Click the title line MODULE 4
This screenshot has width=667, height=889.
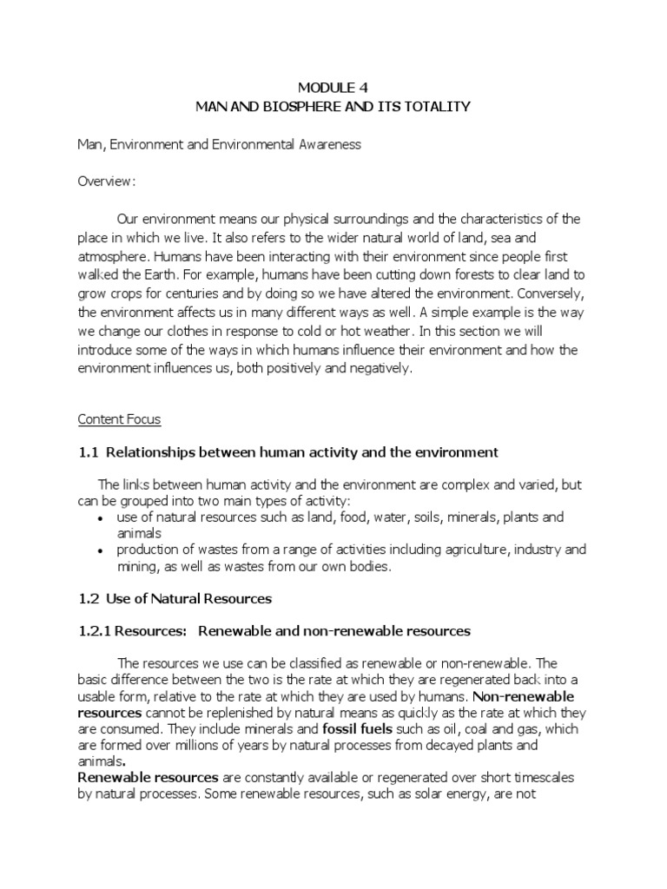[x=333, y=88]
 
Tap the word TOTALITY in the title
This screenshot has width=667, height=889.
[x=434, y=106]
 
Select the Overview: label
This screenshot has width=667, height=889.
[x=106, y=181]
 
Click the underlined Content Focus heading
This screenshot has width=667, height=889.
[x=120, y=419]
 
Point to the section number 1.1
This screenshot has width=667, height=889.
[x=89, y=452]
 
